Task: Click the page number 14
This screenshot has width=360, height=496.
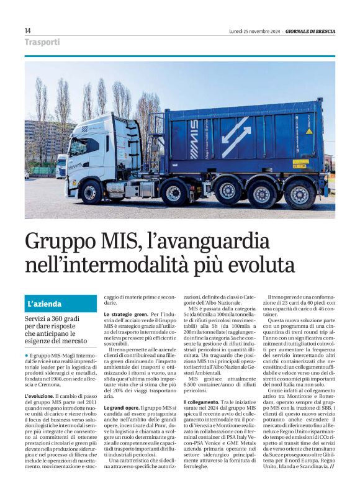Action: pyautogui.click(x=27, y=30)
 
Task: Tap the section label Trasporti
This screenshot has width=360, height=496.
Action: pyautogui.click(x=42, y=42)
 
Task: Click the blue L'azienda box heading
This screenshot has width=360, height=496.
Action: pyautogui.click(x=61, y=304)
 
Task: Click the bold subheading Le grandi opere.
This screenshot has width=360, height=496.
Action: pyautogui.click(x=121, y=408)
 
